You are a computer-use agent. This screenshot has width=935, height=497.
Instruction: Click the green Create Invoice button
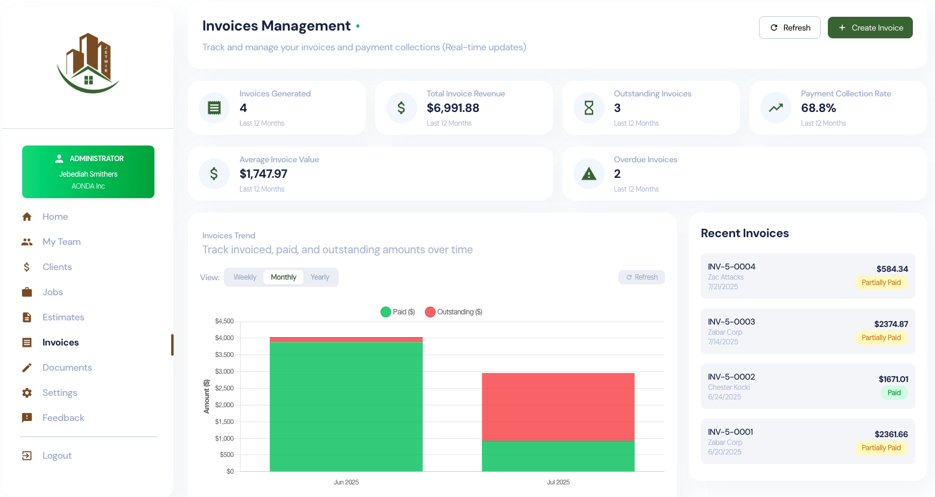click(870, 28)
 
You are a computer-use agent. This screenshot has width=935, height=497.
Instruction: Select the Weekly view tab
click(245, 277)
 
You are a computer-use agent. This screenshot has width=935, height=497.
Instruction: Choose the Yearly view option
click(320, 277)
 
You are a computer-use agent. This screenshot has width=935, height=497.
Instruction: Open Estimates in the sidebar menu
click(63, 317)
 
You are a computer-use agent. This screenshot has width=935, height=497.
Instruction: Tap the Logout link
click(57, 456)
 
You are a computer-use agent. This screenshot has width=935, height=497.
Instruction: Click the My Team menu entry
click(61, 242)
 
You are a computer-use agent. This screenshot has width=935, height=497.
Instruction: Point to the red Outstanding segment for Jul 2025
click(558, 407)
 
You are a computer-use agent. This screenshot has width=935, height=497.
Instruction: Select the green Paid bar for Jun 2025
click(346, 407)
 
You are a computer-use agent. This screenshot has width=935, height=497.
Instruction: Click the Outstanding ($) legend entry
click(454, 312)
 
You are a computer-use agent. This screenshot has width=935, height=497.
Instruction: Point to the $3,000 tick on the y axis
click(224, 371)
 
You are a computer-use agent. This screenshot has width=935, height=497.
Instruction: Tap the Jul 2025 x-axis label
click(558, 482)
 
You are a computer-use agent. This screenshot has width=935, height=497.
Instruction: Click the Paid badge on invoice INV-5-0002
click(894, 393)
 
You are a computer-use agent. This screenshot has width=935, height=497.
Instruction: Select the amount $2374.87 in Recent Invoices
click(891, 324)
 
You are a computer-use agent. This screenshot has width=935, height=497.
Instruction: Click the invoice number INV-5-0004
click(731, 266)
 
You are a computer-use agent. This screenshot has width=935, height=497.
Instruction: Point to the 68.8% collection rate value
click(818, 108)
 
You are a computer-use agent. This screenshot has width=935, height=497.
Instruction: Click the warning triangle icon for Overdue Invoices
click(589, 174)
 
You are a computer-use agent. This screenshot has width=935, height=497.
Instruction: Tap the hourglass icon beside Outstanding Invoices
click(589, 108)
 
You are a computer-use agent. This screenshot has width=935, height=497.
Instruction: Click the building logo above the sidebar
click(89, 63)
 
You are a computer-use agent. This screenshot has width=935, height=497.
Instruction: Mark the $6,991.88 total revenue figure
click(453, 108)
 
